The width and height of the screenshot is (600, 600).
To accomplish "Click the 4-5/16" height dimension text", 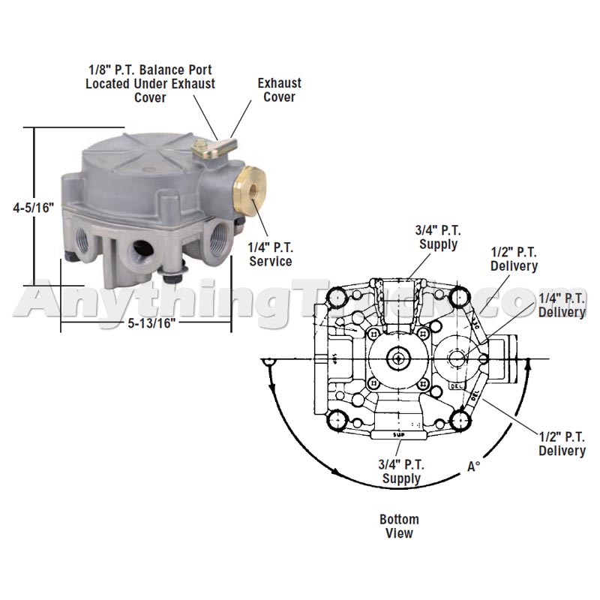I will click(34, 208).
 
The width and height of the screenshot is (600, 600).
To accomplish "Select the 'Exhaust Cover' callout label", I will click(279, 90).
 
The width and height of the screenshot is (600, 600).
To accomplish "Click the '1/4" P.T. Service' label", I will click(271, 254).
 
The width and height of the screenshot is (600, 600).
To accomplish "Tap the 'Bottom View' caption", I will click(399, 526).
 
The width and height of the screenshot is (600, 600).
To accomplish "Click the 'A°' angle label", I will click(473, 466).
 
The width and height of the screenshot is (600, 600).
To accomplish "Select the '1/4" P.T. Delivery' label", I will click(562, 304).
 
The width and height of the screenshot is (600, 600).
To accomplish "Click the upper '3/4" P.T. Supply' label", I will click(437, 238).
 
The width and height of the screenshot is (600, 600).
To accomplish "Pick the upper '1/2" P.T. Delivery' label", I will click(514, 259).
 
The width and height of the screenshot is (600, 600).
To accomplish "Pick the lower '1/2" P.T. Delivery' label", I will click(562, 443).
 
